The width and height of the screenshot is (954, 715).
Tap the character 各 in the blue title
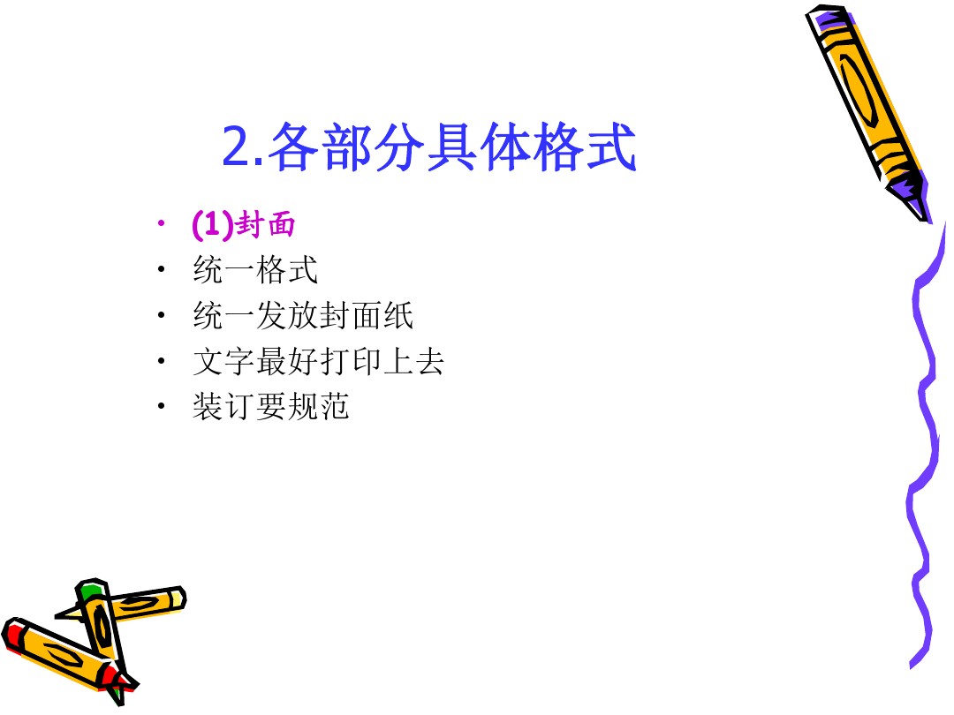(x=292, y=147)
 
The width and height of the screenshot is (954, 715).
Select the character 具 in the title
(x=451, y=147)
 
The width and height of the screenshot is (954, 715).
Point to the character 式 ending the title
(x=611, y=147)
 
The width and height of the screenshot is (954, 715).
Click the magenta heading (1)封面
(x=244, y=223)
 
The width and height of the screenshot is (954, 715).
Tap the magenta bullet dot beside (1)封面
(x=161, y=223)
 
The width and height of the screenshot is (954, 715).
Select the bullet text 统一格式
(x=255, y=269)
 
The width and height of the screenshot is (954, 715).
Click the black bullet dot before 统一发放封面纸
(x=161, y=315)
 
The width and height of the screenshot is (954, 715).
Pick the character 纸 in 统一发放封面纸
(x=397, y=315)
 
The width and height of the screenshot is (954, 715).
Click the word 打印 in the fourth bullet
(x=350, y=361)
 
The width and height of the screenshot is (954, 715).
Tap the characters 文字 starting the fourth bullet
(x=223, y=361)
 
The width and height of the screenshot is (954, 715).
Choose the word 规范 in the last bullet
(x=318, y=406)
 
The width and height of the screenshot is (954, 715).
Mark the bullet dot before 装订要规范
(x=161, y=406)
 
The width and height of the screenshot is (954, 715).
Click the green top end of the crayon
(x=91, y=589)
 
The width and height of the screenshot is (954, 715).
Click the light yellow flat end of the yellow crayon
(x=178, y=598)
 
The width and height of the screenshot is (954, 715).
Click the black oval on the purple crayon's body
(x=859, y=91)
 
